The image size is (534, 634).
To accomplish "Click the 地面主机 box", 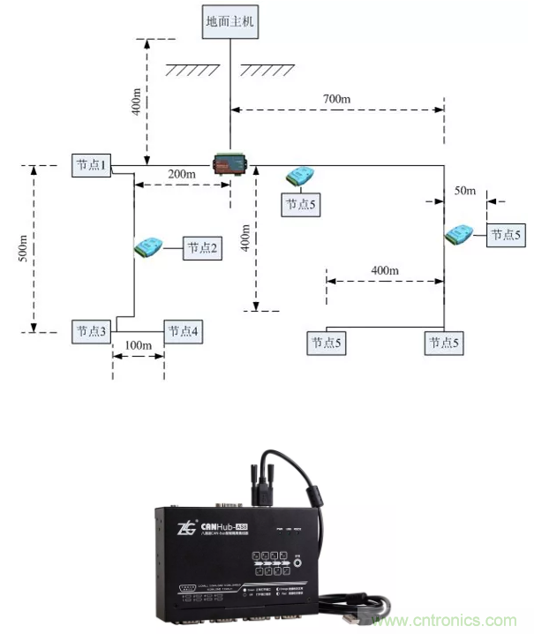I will (x=229, y=20).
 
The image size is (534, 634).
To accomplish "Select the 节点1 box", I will (x=91, y=165).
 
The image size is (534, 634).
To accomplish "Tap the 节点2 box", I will (x=202, y=249).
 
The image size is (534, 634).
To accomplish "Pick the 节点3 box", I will (x=91, y=331).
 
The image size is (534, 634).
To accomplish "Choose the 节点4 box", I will (x=183, y=331).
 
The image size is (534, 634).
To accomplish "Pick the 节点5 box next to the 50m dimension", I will (x=507, y=235).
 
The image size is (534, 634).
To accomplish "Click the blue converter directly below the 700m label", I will (x=303, y=176).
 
